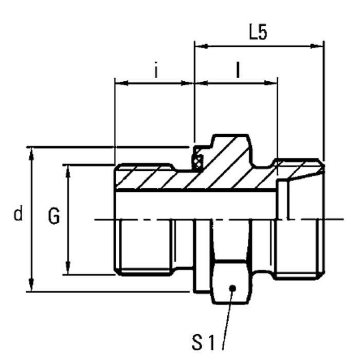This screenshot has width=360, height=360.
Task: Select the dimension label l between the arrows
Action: tap(237, 70)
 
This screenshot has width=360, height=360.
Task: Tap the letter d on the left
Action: tap(19, 214)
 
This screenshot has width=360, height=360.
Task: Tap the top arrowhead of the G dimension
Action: tap(67, 169)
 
